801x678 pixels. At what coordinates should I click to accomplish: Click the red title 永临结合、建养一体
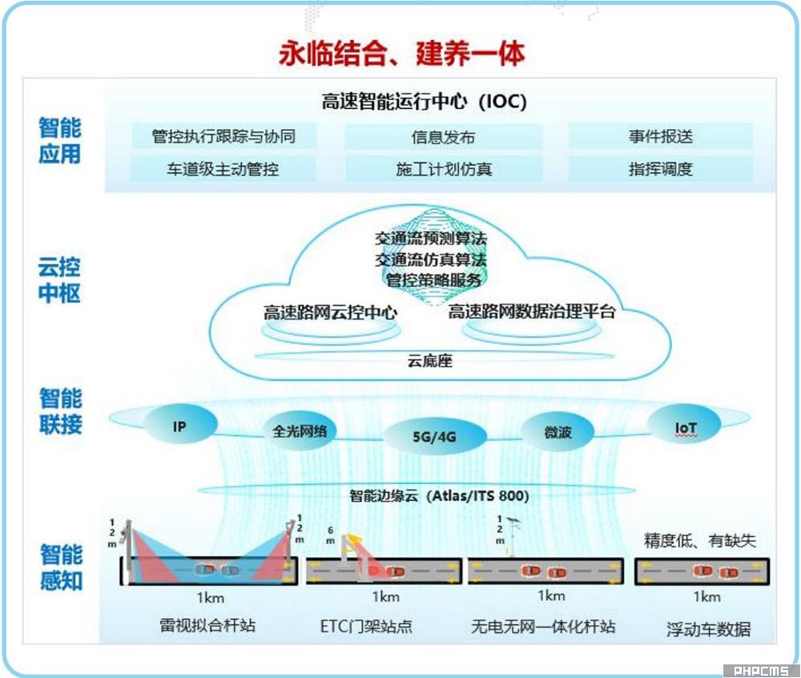[401, 54]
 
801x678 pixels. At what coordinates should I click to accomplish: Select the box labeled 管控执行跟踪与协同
[223, 136]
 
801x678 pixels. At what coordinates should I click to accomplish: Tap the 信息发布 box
[443, 137]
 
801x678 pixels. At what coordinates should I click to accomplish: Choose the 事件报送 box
[660, 136]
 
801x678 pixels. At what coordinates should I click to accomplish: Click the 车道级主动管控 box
[223, 168]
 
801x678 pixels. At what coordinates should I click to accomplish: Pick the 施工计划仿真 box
[443, 169]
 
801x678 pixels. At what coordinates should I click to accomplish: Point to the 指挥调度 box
[660, 168]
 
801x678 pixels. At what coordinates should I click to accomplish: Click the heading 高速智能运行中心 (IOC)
[424, 102]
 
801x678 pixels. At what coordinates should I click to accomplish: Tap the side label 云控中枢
[60, 279]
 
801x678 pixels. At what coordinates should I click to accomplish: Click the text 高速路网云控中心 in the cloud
[330, 313]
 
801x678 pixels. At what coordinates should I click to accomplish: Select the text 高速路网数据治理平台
[532, 312]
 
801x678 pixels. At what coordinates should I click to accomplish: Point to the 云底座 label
[430, 361]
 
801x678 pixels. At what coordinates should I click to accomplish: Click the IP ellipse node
[180, 427]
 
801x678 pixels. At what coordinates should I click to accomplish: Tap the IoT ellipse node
[686, 427]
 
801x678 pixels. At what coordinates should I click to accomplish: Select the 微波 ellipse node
[557, 433]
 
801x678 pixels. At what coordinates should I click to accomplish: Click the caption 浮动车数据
[708, 629]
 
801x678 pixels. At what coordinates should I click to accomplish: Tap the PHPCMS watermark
[756, 671]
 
